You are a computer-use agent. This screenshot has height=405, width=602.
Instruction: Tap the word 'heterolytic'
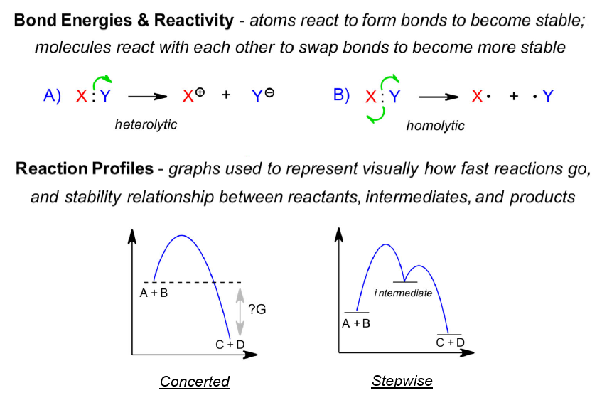pos(146,124)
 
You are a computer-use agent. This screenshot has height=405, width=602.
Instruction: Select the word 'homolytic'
pos(435,126)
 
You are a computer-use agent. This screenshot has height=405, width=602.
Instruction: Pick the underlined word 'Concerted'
pos(195,382)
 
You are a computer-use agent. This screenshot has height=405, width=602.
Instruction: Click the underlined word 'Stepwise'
pos(402,381)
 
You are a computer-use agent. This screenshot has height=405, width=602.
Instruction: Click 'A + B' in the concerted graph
pos(155,292)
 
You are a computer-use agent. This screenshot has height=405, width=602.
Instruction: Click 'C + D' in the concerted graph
pos(230,345)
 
